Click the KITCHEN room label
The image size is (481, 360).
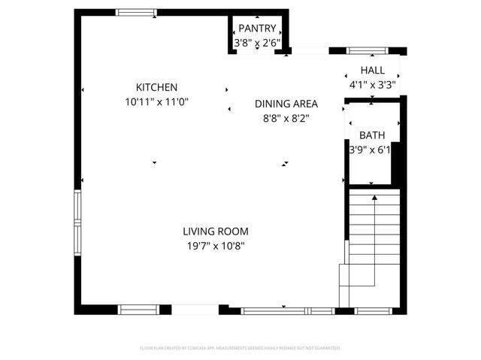point(156,87)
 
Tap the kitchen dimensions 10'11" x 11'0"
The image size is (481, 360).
point(156,101)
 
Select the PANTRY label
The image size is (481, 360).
point(258,29)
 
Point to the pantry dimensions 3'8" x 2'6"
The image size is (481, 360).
point(258,43)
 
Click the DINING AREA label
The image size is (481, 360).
point(286,104)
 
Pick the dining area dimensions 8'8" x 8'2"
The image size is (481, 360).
point(286,118)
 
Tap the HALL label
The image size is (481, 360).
point(372,71)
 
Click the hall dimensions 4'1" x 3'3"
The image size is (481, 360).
point(372,85)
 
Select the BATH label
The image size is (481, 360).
point(371,135)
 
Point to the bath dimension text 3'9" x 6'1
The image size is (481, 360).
point(370,150)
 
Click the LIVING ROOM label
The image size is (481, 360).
point(215,231)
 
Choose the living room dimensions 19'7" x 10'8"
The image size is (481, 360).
point(215,245)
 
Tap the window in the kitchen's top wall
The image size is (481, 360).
point(136,12)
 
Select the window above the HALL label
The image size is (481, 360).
point(367,51)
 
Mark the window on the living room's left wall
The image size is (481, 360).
point(77,223)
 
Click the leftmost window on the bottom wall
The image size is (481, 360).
point(138,309)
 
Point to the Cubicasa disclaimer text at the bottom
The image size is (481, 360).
point(240,348)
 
